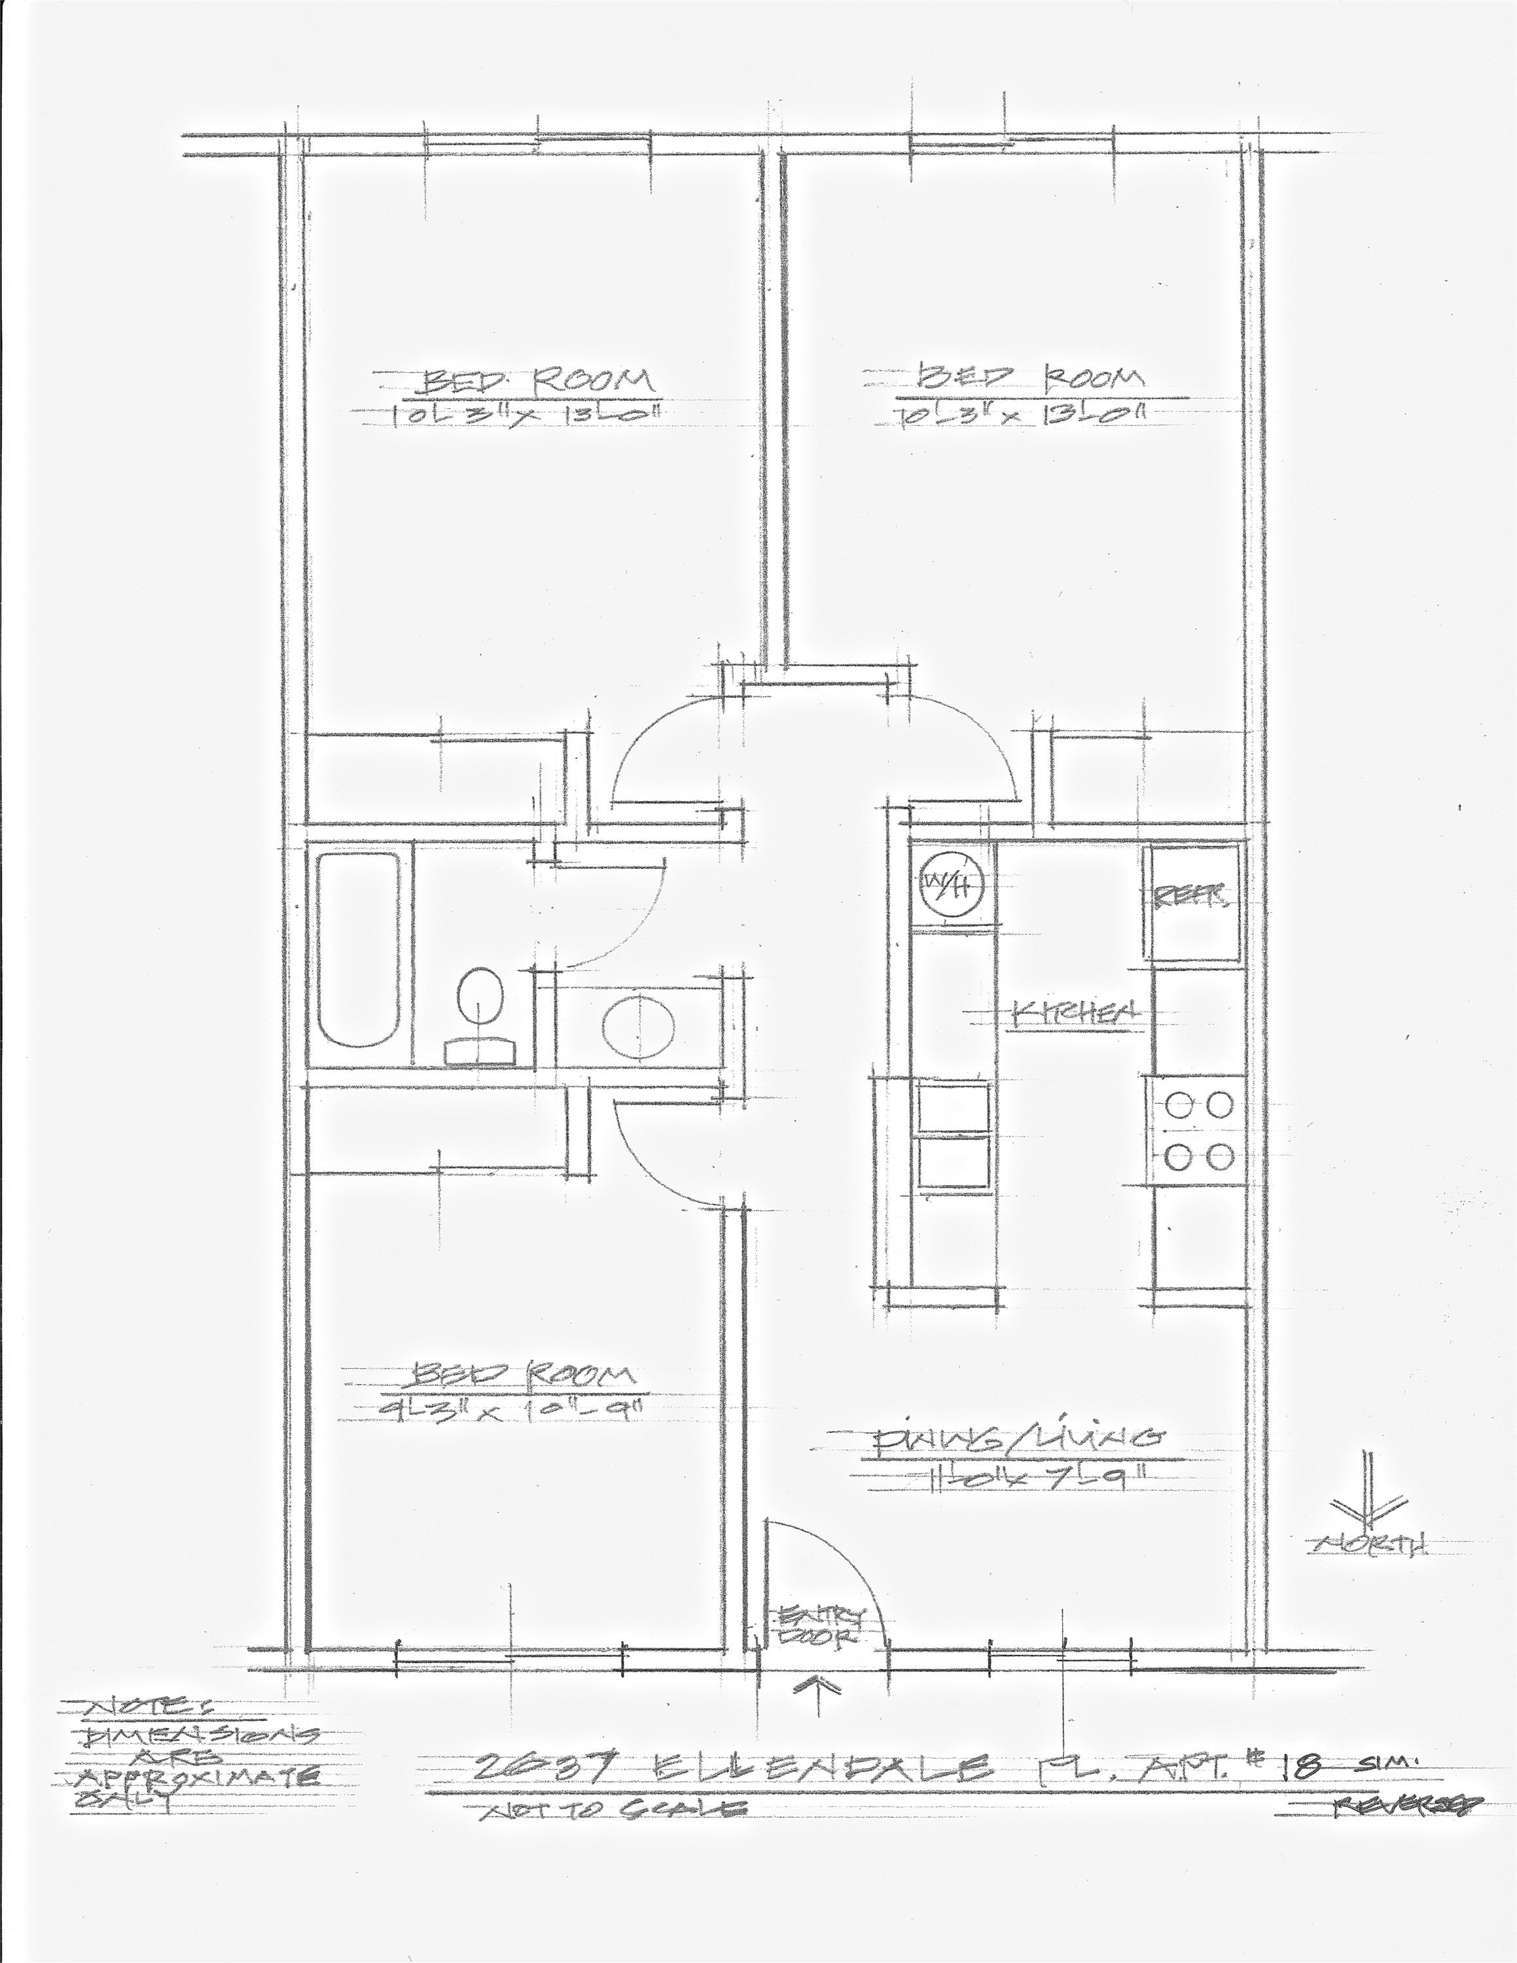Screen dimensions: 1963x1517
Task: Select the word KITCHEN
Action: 1076,1013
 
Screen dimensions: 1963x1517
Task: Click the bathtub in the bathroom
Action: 358,949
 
